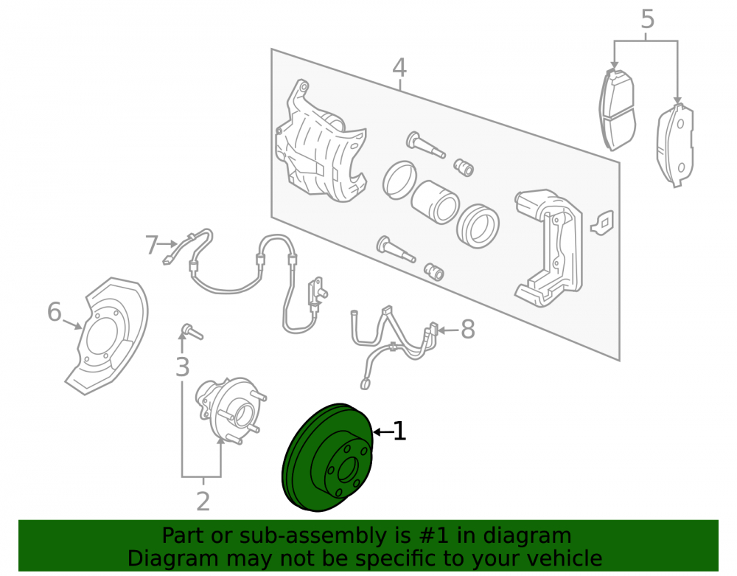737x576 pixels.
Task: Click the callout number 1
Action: pyautogui.click(x=399, y=431)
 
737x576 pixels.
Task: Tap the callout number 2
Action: pyautogui.click(x=203, y=502)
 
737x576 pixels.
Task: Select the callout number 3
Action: pyautogui.click(x=182, y=367)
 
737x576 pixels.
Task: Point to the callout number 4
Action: pyautogui.click(x=399, y=67)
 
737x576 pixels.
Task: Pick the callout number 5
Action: pyautogui.click(x=647, y=19)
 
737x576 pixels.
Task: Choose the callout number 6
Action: pyautogui.click(x=55, y=311)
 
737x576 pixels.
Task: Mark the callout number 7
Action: pyautogui.click(x=151, y=245)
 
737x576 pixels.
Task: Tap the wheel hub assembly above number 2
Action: pyautogui.click(x=230, y=409)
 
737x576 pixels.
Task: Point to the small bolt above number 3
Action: pyautogui.click(x=192, y=331)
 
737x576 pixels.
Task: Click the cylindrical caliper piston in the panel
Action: pyautogui.click(x=435, y=202)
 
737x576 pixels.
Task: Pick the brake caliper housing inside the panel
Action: pyautogui.click(x=320, y=141)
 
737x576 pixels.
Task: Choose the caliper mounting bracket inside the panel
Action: pyautogui.click(x=548, y=247)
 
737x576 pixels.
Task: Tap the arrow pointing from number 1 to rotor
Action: pyautogui.click(x=382, y=431)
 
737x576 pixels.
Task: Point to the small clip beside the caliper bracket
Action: pyautogui.click(x=602, y=223)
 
